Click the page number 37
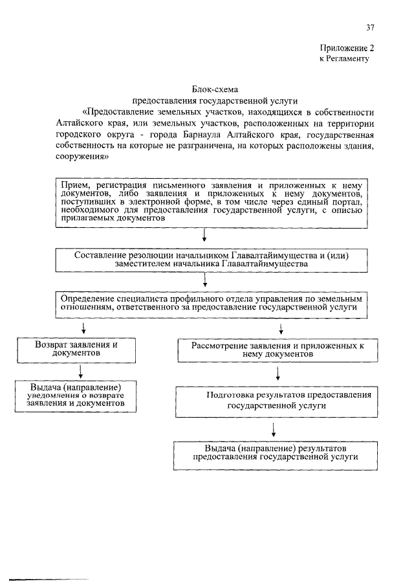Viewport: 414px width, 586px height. pyautogui.click(x=370, y=27)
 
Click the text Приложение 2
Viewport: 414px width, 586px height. pyautogui.click(x=347, y=48)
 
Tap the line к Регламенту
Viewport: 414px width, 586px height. pyautogui.click(x=343, y=58)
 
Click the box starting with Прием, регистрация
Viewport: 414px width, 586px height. pyautogui.click(x=208, y=202)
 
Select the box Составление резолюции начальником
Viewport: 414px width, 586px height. pyautogui.click(x=211, y=259)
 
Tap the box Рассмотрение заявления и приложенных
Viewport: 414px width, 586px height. pyautogui.click(x=278, y=350)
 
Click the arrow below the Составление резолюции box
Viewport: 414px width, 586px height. pyautogui.click(x=205, y=280)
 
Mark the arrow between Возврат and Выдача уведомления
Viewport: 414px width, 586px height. pyautogui.click(x=80, y=372)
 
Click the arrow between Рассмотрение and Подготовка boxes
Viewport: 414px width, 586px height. pyautogui.click(x=278, y=374)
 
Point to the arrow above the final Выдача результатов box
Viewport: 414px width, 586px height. pyautogui.click(x=274, y=429)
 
